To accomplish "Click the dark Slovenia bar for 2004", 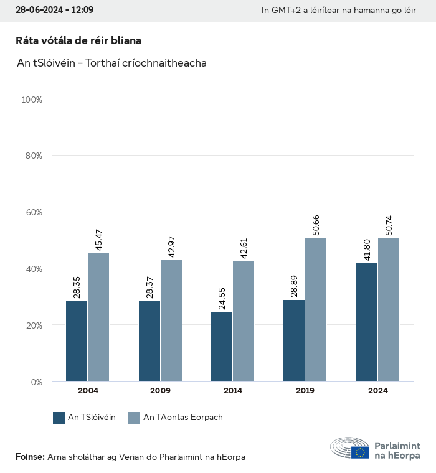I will pyautogui.click(x=77, y=341).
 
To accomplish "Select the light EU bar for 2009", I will pyautogui.click(x=171, y=321).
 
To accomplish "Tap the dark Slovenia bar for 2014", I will pyautogui.click(x=222, y=347).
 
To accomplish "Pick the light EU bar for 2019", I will pyautogui.click(x=315, y=310).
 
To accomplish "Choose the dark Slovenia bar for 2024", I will pyautogui.click(x=367, y=322).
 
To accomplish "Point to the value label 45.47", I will pyautogui.click(x=99, y=240).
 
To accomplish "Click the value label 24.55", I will pyautogui.click(x=222, y=299).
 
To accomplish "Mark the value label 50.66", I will pyautogui.click(x=316, y=225).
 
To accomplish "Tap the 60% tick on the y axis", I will pyautogui.click(x=32, y=212).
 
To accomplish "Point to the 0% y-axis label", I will pyautogui.click(x=36, y=382).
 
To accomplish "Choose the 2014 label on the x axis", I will pyautogui.click(x=233, y=391).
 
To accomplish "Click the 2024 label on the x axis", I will pyautogui.click(x=377, y=391).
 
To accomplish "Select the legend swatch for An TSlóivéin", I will pyautogui.click(x=59, y=418).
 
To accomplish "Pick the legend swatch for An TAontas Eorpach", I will pyautogui.click(x=134, y=418).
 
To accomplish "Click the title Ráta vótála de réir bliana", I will pyautogui.click(x=78, y=40).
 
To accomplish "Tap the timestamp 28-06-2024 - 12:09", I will pyautogui.click(x=54, y=11).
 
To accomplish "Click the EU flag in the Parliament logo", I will pyautogui.click(x=360, y=452).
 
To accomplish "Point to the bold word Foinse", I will pyautogui.click(x=30, y=457).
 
